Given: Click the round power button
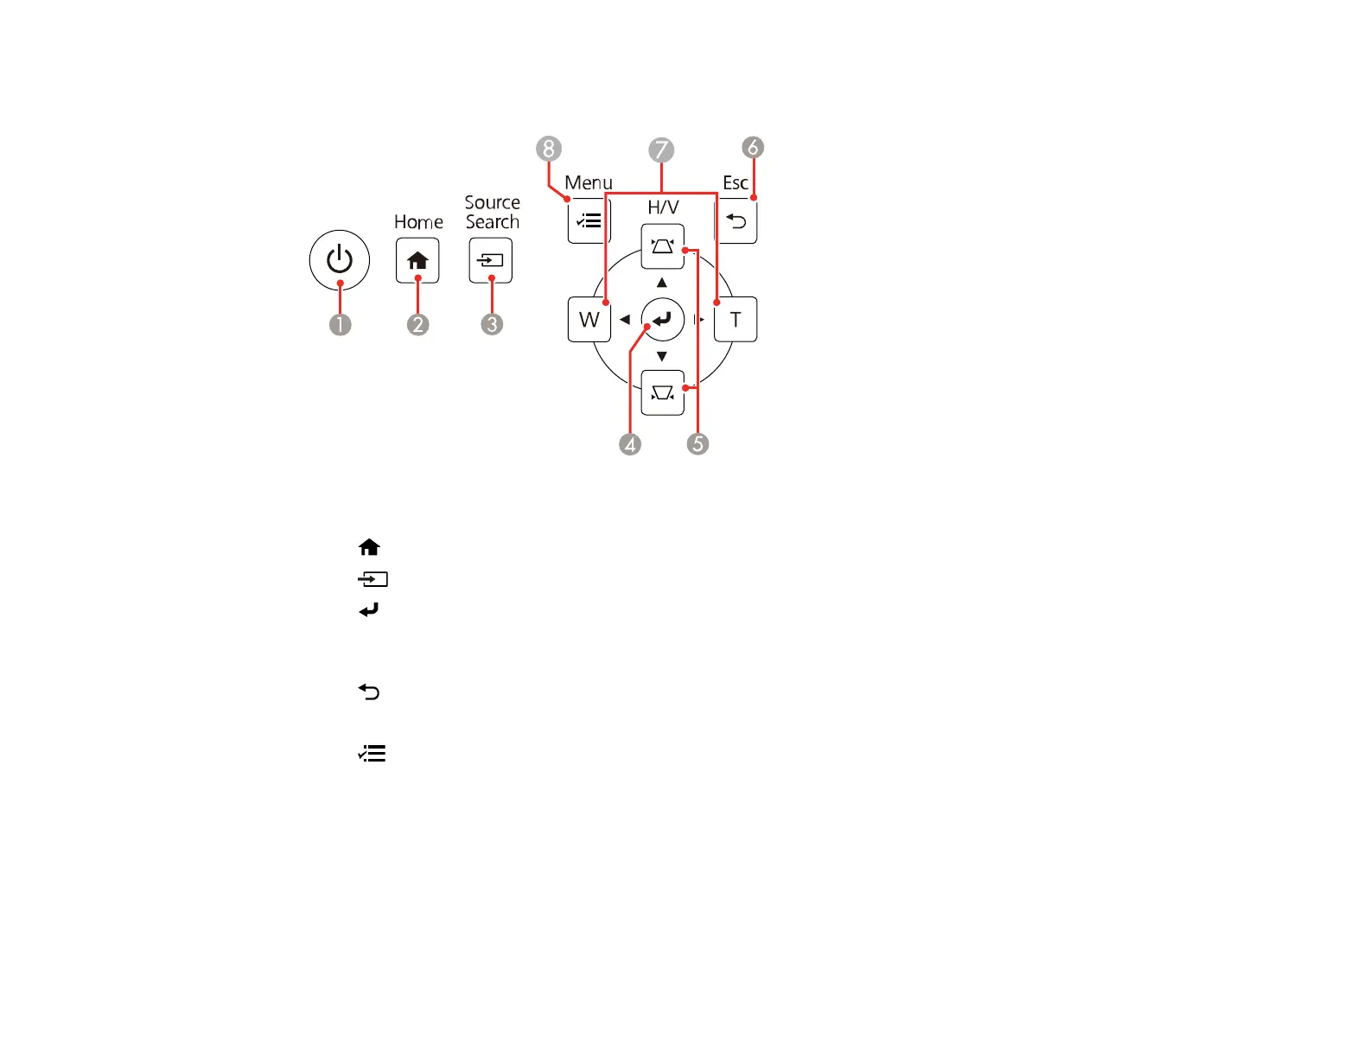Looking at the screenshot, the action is pos(340,260).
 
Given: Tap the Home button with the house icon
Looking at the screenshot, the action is pos(417,260).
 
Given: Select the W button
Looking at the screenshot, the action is pos(589,320).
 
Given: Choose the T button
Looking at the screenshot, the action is pos(735,320).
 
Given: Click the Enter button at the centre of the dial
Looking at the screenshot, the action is pos(663,320).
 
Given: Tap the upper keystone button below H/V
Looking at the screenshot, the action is pos(663,247).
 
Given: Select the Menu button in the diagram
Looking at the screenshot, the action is pos(589,222).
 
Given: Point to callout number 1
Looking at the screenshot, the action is pos(341,325).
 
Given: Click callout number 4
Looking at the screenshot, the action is pos(630,444).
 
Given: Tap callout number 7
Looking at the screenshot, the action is pos(661,150).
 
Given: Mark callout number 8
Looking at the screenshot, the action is pos(548,149).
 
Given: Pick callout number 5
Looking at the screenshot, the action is pos(697,444).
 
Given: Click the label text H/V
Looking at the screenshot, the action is pos(663,207).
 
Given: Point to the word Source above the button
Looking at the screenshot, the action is pos(493,202).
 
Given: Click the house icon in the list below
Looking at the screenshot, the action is pos(369,547).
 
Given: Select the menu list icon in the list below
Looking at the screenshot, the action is pos(372,754).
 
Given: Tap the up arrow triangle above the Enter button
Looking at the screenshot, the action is pos(662,283).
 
